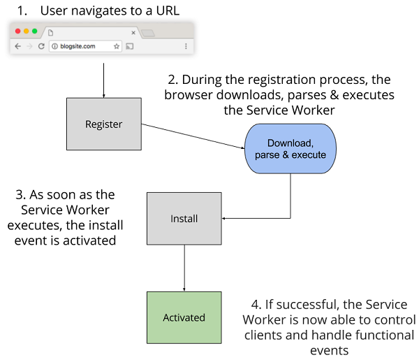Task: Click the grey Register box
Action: click(x=103, y=124)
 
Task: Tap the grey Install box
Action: click(x=184, y=219)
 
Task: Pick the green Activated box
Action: click(x=184, y=317)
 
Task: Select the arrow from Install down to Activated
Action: click(x=184, y=268)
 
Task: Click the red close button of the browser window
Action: click(x=18, y=31)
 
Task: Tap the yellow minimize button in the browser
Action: click(x=27, y=31)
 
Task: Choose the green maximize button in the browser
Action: click(x=35, y=31)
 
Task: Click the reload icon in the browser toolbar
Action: click(x=42, y=46)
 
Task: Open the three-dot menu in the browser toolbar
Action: click(x=186, y=46)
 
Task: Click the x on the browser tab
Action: click(x=133, y=32)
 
